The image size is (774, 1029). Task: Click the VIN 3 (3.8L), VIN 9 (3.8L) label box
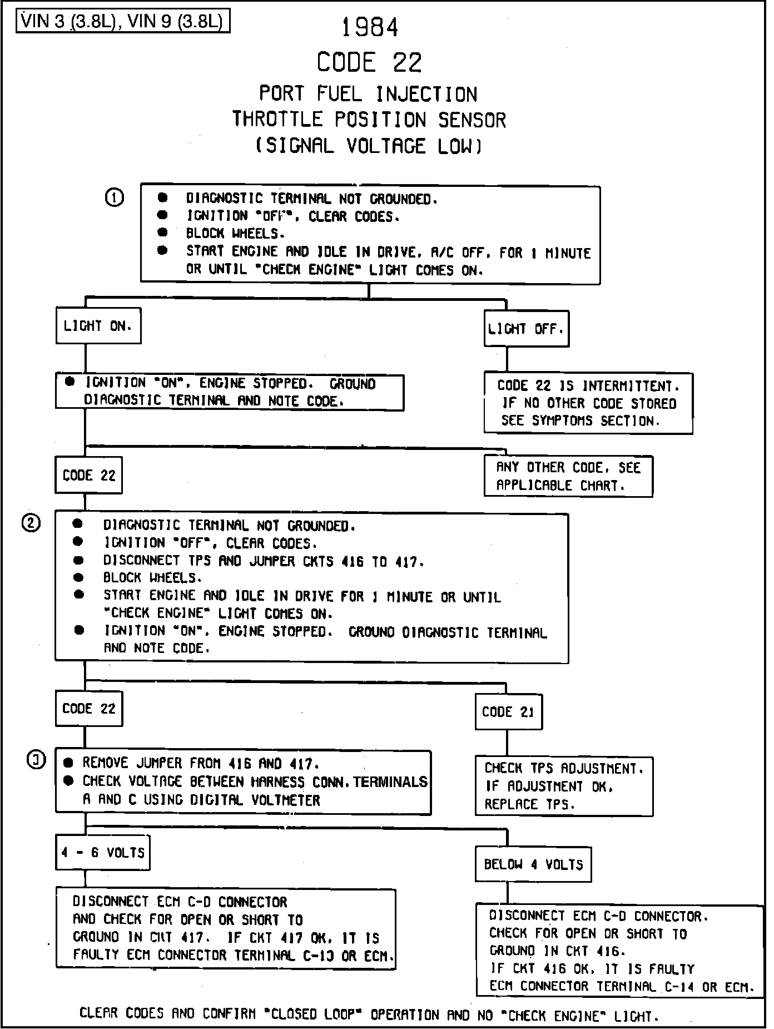click(122, 22)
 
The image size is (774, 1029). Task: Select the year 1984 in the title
click(370, 28)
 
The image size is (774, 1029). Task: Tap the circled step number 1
click(115, 197)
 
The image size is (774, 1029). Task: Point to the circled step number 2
click(31, 523)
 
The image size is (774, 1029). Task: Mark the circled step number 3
click(37, 760)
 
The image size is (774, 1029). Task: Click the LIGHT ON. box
click(98, 326)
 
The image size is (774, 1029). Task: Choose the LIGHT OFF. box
click(526, 329)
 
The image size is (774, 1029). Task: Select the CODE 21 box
click(508, 712)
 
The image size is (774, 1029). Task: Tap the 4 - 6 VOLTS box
click(103, 853)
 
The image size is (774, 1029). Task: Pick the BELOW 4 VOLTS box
click(533, 864)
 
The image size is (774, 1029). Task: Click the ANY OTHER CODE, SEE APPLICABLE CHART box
click(568, 476)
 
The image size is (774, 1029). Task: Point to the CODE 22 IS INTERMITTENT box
click(588, 403)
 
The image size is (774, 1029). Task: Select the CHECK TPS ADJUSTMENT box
click(564, 786)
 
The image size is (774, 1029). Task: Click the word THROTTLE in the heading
click(277, 120)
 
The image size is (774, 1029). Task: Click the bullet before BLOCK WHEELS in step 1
click(162, 232)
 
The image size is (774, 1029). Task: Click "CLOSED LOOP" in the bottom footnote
click(312, 1015)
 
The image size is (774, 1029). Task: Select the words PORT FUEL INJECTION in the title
click(369, 93)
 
